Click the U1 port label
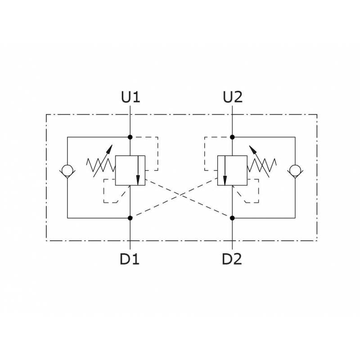[130, 97]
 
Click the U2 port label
[233, 97]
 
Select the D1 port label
[130, 259]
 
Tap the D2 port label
[232, 259]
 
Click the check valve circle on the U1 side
[67, 171]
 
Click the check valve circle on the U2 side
[295, 171]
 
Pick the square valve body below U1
[130, 171]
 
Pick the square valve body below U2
[232, 171]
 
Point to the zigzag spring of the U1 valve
[101, 165]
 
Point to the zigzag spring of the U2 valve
[262, 165]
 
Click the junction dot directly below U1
[130, 137]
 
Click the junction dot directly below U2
[232, 137]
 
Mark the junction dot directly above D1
[130, 218]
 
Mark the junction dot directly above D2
[232, 218]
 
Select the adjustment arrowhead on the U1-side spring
[109, 149]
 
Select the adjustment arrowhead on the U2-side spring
[252, 149]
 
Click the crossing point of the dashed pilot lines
[181, 195]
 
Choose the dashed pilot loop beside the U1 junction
[158, 153]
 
